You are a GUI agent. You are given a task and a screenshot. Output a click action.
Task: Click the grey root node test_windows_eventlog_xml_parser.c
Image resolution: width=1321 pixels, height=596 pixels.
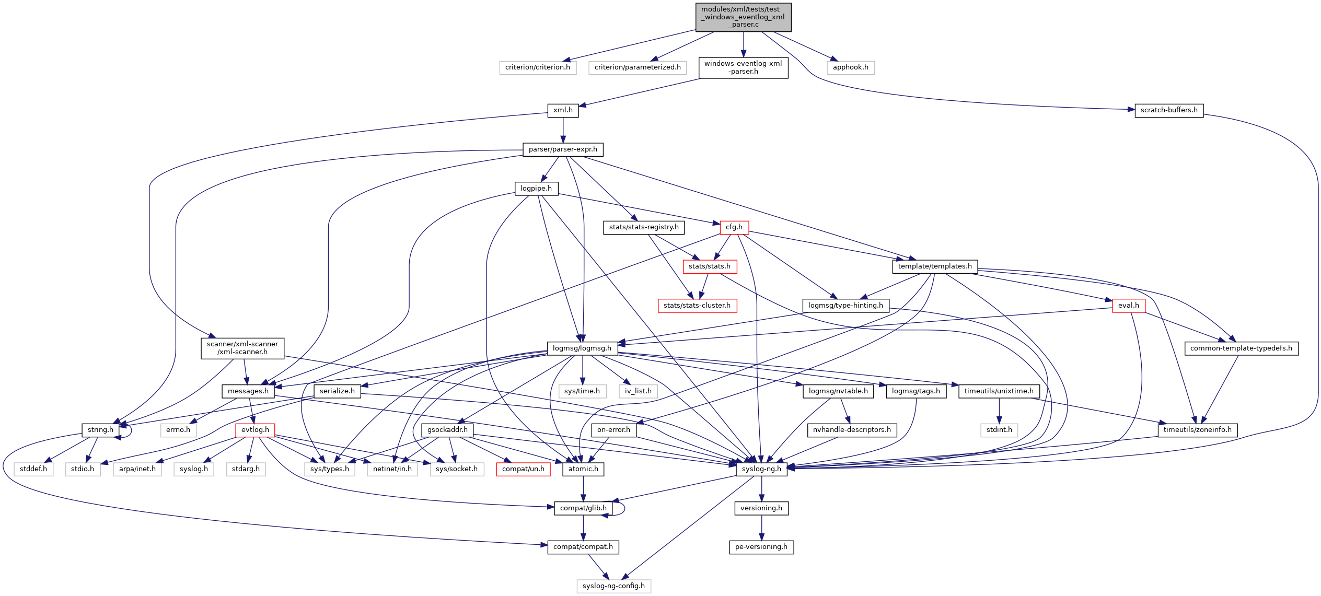coord(743,17)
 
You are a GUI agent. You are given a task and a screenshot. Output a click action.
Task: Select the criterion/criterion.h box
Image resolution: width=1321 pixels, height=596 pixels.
coord(538,67)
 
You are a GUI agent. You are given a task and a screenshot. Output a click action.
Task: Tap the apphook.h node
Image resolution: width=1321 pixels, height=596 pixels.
coord(850,67)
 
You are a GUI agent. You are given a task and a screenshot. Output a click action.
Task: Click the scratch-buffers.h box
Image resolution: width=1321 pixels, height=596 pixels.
coord(1168,110)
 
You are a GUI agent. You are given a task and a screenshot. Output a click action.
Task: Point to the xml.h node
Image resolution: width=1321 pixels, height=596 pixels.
coord(563,110)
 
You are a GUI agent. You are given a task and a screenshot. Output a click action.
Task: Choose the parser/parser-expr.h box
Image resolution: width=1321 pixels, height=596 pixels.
coord(563,149)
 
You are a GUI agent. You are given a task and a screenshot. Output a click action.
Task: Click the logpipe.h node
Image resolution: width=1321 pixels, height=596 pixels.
coord(536,189)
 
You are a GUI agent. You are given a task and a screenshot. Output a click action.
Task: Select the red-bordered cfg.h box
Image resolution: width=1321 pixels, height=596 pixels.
coord(734,227)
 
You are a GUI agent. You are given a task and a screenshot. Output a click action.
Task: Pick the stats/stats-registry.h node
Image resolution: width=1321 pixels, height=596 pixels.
coord(644,227)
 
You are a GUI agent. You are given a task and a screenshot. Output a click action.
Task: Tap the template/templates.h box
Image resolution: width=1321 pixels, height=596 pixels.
coord(934,266)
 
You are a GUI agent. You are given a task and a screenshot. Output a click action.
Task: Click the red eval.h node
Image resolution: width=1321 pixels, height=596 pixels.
coord(1128,306)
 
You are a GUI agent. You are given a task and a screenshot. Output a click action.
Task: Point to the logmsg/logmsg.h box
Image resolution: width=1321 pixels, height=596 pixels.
coord(582,348)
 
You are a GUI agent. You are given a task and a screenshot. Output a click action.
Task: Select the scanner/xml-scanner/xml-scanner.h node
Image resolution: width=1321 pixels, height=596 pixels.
coord(242,348)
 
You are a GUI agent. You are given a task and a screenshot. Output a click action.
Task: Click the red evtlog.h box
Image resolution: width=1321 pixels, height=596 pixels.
coord(255,430)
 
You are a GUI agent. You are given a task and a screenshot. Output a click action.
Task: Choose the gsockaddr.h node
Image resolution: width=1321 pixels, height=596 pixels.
coord(447,430)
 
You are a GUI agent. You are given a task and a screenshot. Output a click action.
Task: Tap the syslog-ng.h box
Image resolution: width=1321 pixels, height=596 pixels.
coord(761,469)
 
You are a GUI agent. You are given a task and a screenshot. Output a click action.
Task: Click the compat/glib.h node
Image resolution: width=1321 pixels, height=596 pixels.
coord(583,508)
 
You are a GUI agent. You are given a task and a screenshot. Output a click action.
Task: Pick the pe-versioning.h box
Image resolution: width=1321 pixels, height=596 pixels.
coord(761,547)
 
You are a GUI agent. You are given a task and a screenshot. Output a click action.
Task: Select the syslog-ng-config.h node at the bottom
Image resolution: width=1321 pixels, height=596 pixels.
coord(613,586)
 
